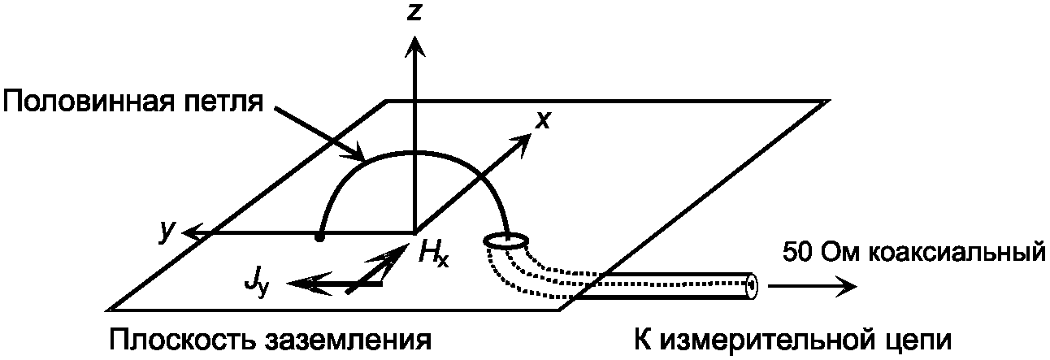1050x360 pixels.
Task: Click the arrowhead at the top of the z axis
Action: [415, 47]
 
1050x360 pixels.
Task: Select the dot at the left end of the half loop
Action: [321, 237]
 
